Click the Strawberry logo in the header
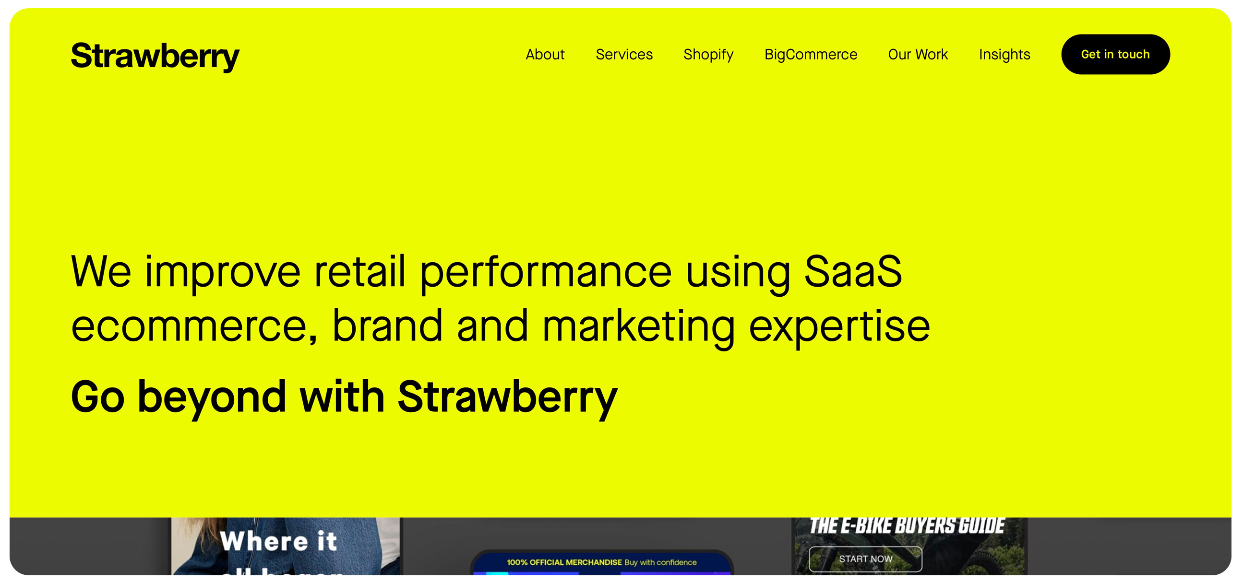[155, 56]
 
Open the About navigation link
[545, 55]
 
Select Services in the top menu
[624, 55]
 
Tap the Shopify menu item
[708, 55]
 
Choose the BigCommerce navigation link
[811, 55]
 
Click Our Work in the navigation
[918, 55]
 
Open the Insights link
[1004, 55]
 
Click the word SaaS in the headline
[853, 271]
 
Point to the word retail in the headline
[359, 271]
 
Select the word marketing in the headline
[638, 327]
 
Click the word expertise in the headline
[839, 327]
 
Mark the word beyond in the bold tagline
[212, 397]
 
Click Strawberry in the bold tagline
[507, 397]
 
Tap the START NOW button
[865, 559]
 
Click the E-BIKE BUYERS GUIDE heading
[907, 525]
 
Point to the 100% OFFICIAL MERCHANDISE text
[563, 562]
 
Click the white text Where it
[278, 541]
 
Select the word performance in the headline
[545, 271]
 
